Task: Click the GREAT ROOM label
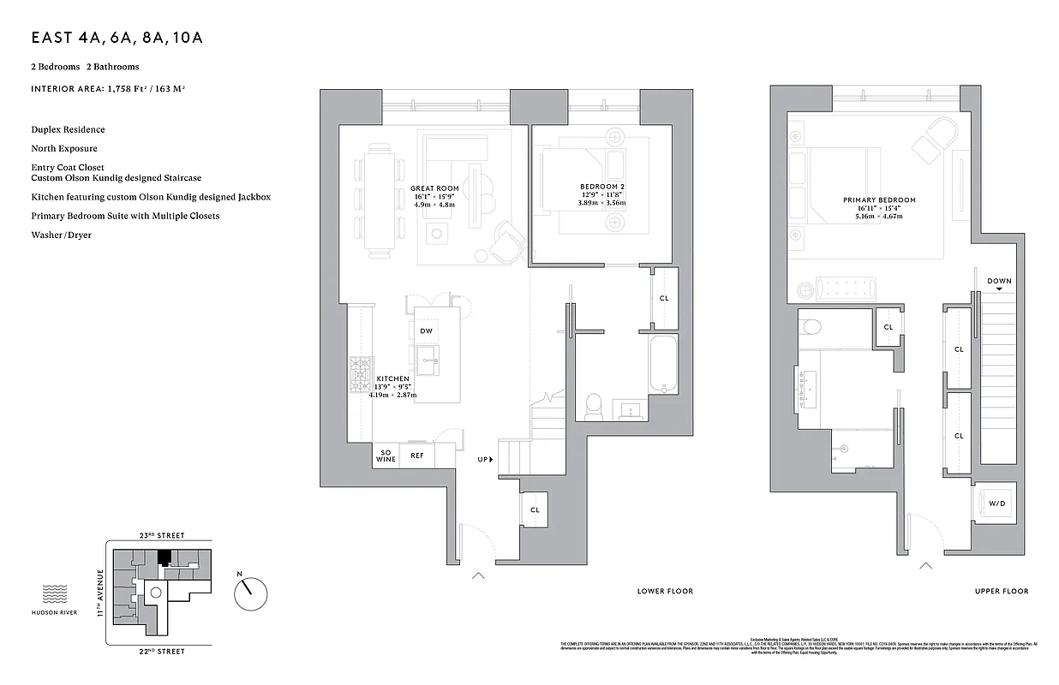tap(434, 188)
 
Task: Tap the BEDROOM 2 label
tap(598, 187)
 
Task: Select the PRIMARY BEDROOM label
tap(879, 200)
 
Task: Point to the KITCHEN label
tap(392, 378)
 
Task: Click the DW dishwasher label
tap(426, 331)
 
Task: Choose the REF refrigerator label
tap(417, 456)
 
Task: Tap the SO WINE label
tap(385, 456)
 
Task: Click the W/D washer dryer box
tap(997, 504)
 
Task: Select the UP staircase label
tap(483, 460)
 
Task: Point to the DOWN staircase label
tap(999, 281)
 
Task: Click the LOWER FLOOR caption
tap(665, 592)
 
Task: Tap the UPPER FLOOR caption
tap(1002, 592)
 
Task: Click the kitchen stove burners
tap(358, 372)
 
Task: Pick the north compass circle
tap(250, 592)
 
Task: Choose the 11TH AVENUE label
tap(100, 593)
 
